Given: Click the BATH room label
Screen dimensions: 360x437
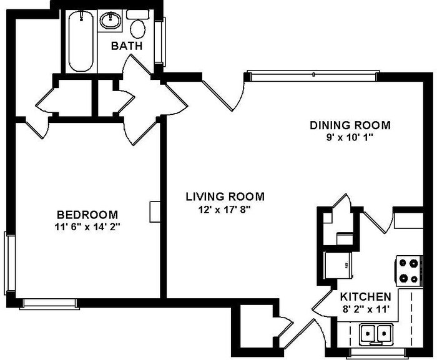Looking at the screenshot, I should click(x=127, y=46).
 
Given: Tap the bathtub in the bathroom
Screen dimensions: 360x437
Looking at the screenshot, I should click(x=81, y=41).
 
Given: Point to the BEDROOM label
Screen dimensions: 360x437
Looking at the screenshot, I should click(x=87, y=214).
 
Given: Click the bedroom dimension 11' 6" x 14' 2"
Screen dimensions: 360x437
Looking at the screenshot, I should click(x=87, y=227).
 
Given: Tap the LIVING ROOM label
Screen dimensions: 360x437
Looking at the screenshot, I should click(x=225, y=197).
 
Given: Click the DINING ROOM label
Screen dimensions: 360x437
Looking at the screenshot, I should click(x=350, y=125).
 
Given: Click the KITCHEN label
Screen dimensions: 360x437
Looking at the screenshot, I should click(x=365, y=296).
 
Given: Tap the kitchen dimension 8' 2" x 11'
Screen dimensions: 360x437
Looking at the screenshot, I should click(x=365, y=309).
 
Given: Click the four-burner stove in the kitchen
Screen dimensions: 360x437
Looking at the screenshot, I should click(x=409, y=271).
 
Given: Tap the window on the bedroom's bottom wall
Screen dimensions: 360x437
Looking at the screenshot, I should click(x=49, y=304).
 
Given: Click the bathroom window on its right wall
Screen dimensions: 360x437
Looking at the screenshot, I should click(x=164, y=41).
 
